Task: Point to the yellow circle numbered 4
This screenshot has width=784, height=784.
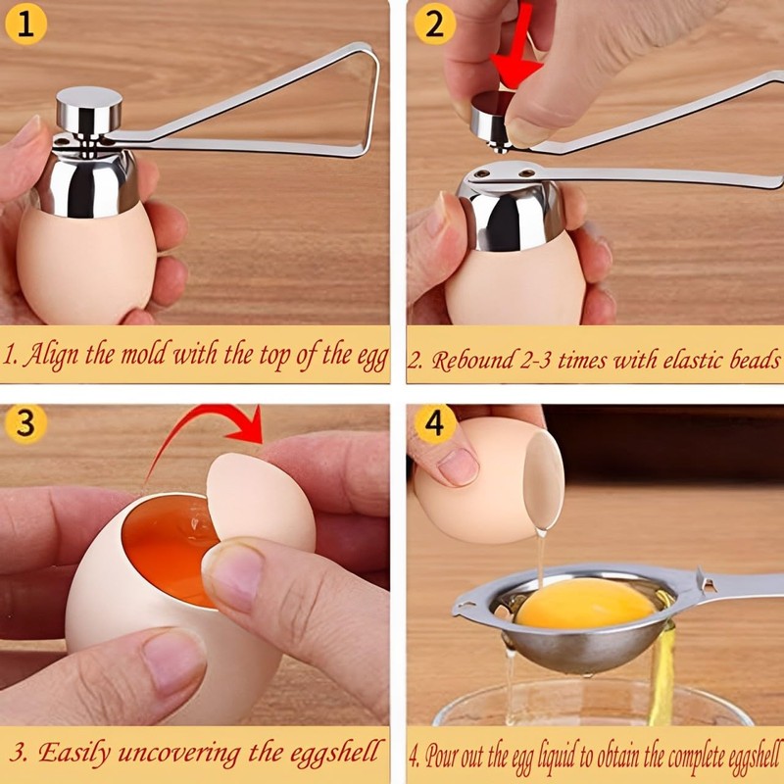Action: coord(433,423)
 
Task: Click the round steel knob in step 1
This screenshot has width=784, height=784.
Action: coord(88,105)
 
